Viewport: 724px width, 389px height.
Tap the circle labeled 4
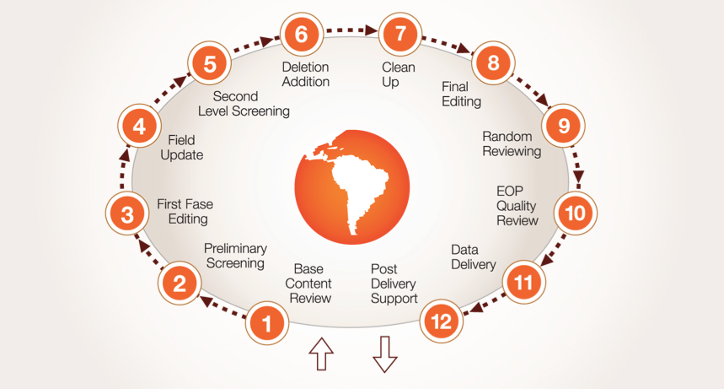point(139,127)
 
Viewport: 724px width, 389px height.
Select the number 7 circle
point(400,35)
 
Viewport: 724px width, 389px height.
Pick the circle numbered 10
point(575,213)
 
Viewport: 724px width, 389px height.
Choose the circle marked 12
point(442,321)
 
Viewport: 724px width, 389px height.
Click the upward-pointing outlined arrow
point(321,355)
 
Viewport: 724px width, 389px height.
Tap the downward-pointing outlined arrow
point(385,354)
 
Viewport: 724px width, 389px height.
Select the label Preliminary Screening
point(235,256)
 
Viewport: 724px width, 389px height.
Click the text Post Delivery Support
point(394,284)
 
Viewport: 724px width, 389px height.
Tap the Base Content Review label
point(308,284)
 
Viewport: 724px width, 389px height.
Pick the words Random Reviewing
point(512,143)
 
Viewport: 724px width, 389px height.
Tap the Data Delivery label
point(473,257)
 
